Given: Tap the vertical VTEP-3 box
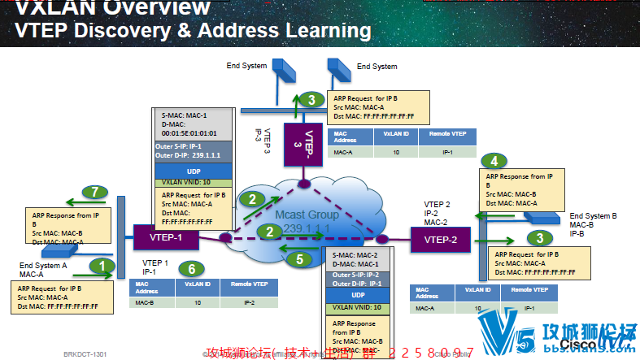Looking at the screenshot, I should click(296, 139).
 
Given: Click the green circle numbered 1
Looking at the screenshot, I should click(102, 265).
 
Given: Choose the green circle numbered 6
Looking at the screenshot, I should click(191, 269).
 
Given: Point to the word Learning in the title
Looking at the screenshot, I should click(320, 31).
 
